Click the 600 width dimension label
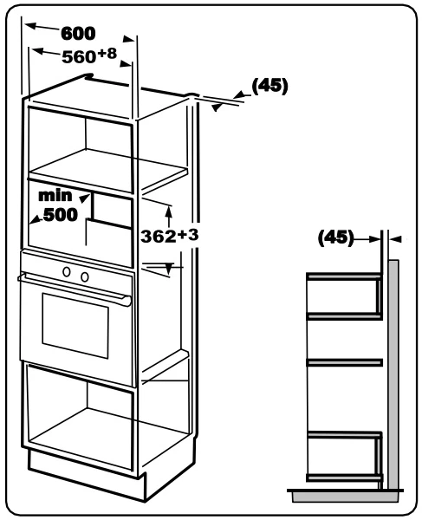pos(78,33)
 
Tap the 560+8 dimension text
pos(89,55)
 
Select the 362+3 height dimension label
pos(170,236)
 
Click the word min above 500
pos(55,195)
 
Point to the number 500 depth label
pos(61,215)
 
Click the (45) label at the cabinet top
pos(269,86)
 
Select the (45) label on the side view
pos(336,237)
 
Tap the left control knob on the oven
pos(67,271)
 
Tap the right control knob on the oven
pos(85,276)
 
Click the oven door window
pos(75,325)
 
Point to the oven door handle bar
pos(75,287)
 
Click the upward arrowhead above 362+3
pos(169,211)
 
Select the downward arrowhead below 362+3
pos(169,269)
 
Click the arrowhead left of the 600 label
pos(31,25)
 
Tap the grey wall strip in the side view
pos(393,374)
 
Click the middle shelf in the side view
pos(344,362)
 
